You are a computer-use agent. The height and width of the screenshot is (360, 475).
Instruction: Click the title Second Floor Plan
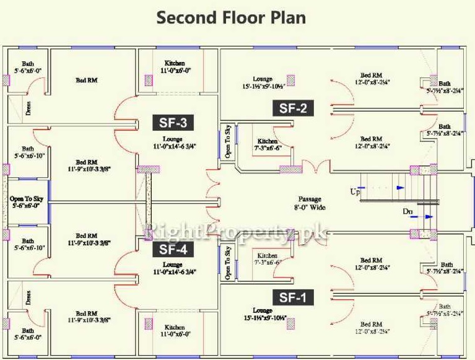(231, 17)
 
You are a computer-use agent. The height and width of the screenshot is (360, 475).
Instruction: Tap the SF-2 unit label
(294, 108)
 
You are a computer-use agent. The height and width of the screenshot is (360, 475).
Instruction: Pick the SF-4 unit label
(175, 249)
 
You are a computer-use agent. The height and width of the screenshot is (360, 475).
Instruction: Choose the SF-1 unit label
(294, 297)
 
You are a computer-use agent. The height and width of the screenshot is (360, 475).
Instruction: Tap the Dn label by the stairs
(407, 212)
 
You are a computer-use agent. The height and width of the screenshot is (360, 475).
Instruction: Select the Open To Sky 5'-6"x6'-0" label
(25, 202)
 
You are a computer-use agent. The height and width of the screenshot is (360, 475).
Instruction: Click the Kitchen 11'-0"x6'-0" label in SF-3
(175, 67)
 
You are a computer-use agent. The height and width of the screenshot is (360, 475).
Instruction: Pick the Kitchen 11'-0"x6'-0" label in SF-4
(175, 330)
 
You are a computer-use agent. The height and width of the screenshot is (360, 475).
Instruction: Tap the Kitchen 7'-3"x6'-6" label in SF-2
(268, 146)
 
